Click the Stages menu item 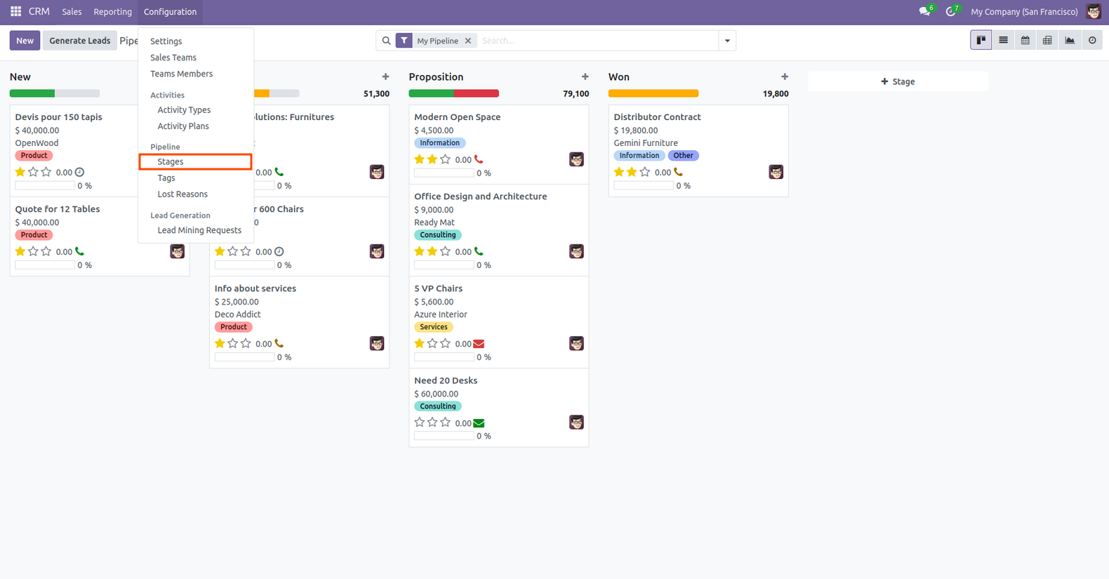coord(171,161)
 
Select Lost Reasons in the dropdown coord(182,194)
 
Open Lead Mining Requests coord(199,230)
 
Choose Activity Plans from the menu coord(183,126)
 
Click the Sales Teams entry coord(173,58)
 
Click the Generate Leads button coord(80,41)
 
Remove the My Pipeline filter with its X coord(468,41)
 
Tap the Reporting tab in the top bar coord(112,12)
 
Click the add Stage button coord(898,81)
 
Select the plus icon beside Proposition coord(585,76)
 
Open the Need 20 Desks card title coord(446,380)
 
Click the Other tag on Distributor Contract coord(683,156)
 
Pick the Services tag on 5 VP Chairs coord(434,327)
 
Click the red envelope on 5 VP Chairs coord(479,344)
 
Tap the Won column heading coord(618,77)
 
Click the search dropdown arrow coord(727,41)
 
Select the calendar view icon coord(1025,41)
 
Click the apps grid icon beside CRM coord(15,12)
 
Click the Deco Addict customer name coord(237,314)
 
